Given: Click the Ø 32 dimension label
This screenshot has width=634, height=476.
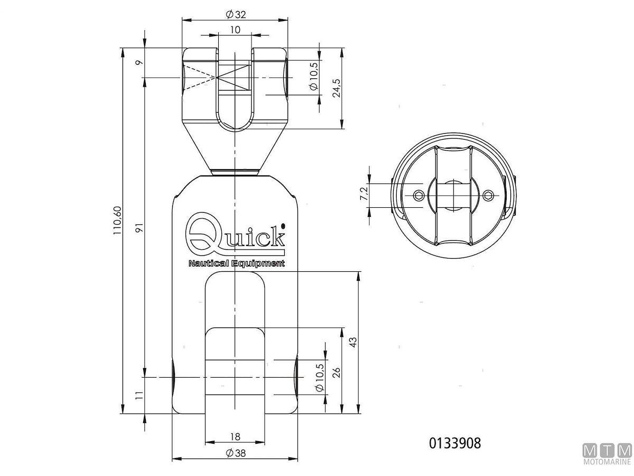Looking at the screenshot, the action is [236, 14].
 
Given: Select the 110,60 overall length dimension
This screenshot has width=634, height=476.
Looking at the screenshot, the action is [118, 220].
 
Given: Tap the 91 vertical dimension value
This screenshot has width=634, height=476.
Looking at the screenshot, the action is [139, 228].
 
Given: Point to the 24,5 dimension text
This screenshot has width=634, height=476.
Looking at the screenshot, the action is [337, 88].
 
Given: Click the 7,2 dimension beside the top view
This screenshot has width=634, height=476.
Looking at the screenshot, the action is [364, 194].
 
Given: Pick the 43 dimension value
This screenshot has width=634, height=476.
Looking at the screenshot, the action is [353, 342].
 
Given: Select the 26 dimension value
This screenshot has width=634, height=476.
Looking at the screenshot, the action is [337, 373].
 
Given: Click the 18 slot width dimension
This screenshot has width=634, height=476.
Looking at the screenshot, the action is [235, 437].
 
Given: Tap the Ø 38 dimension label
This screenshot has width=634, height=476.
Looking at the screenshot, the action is [236, 453].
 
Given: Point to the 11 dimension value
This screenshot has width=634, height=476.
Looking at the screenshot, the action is [139, 396].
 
